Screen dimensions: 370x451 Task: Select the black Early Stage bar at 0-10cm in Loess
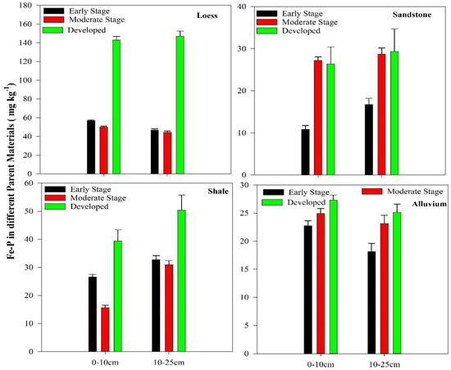[91, 147]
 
